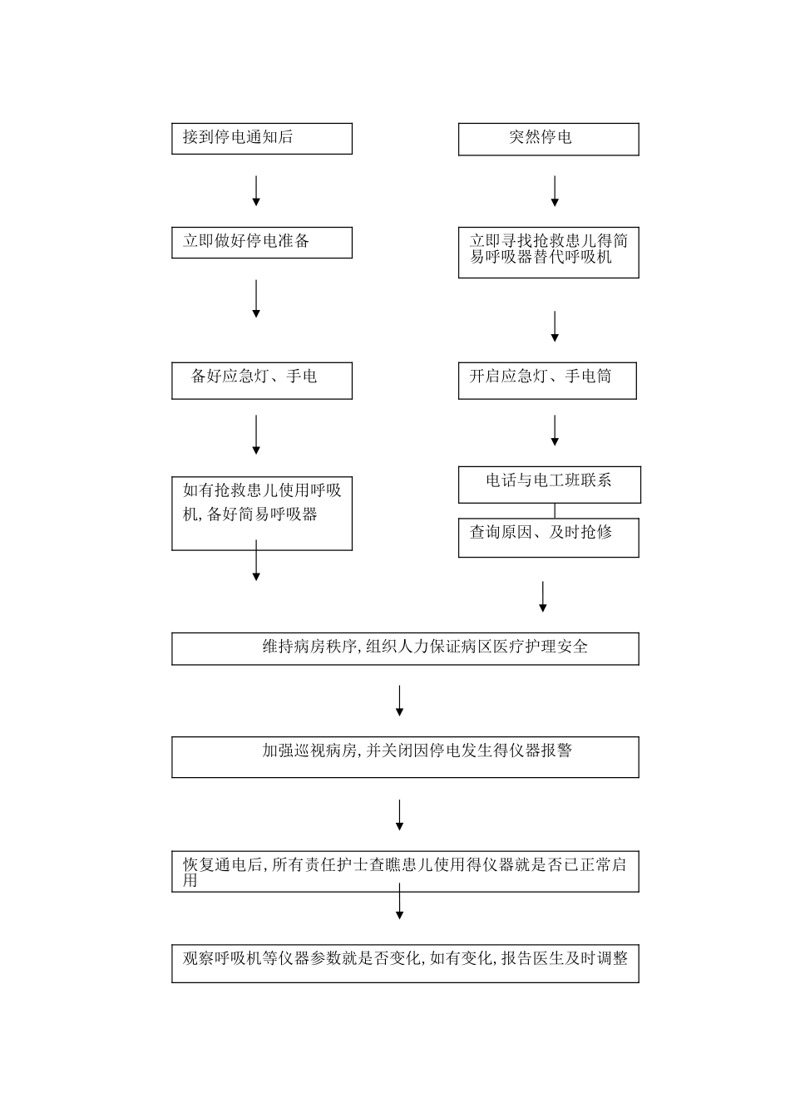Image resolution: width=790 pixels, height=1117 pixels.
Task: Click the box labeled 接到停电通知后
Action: pyautogui.click(x=262, y=138)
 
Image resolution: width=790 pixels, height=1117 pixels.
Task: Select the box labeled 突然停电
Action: pyautogui.click(x=548, y=139)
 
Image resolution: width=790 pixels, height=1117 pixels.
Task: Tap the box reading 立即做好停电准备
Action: pyautogui.click(x=262, y=242)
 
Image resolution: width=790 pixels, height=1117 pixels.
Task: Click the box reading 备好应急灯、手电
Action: pyautogui.click(x=262, y=380)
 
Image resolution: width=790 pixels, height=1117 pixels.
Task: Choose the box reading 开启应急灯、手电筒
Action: pyautogui.click(x=548, y=380)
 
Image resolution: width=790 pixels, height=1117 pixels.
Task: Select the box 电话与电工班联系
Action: pyautogui.click(x=549, y=484)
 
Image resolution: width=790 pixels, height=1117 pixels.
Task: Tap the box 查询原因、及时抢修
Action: pyautogui.click(x=548, y=538)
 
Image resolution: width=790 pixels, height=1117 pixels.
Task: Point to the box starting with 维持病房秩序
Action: pyautogui.click(x=405, y=648)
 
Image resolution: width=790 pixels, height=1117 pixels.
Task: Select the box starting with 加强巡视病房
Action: pyautogui.click(x=405, y=756)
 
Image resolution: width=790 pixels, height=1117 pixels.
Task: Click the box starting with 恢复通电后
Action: pyautogui.click(x=405, y=871)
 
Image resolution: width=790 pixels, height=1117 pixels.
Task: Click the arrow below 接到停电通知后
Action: pyautogui.click(x=256, y=190)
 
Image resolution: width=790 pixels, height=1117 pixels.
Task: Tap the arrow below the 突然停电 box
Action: pyautogui.click(x=555, y=190)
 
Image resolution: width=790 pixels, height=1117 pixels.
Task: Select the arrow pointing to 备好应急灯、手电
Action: pyautogui.click(x=256, y=298)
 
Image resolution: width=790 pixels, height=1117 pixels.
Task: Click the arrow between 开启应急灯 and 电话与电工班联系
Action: pyautogui.click(x=555, y=431)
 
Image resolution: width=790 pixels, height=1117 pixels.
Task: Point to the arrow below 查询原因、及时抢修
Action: pyautogui.click(x=543, y=597)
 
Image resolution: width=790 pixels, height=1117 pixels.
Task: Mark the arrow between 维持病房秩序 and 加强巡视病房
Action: pyautogui.click(x=399, y=701)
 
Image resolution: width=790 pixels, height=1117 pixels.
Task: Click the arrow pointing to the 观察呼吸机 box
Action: pyautogui.click(x=399, y=903)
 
